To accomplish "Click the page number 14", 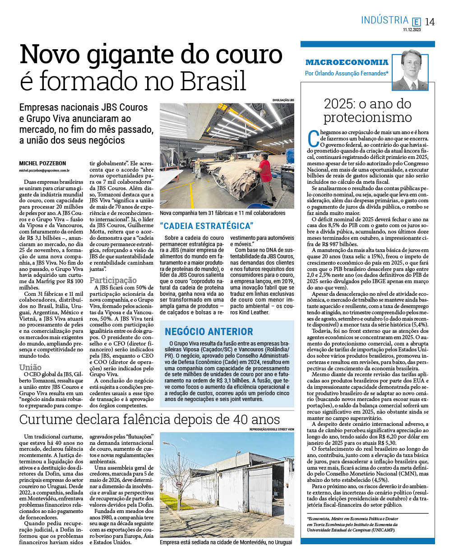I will point(430,22).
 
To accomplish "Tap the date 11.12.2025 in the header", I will point(412,30).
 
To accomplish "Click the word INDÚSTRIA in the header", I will point(385,20).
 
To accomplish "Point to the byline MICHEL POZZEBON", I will point(42,163).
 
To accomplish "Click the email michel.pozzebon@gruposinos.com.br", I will point(44,171).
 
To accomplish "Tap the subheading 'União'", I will point(30,368).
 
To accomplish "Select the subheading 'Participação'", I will point(113,280).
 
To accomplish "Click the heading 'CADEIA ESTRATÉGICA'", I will point(207,226).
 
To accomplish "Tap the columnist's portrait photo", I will point(410,70).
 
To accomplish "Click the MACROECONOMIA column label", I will point(347,62).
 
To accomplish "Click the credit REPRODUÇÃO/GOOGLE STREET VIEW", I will point(271,429).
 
